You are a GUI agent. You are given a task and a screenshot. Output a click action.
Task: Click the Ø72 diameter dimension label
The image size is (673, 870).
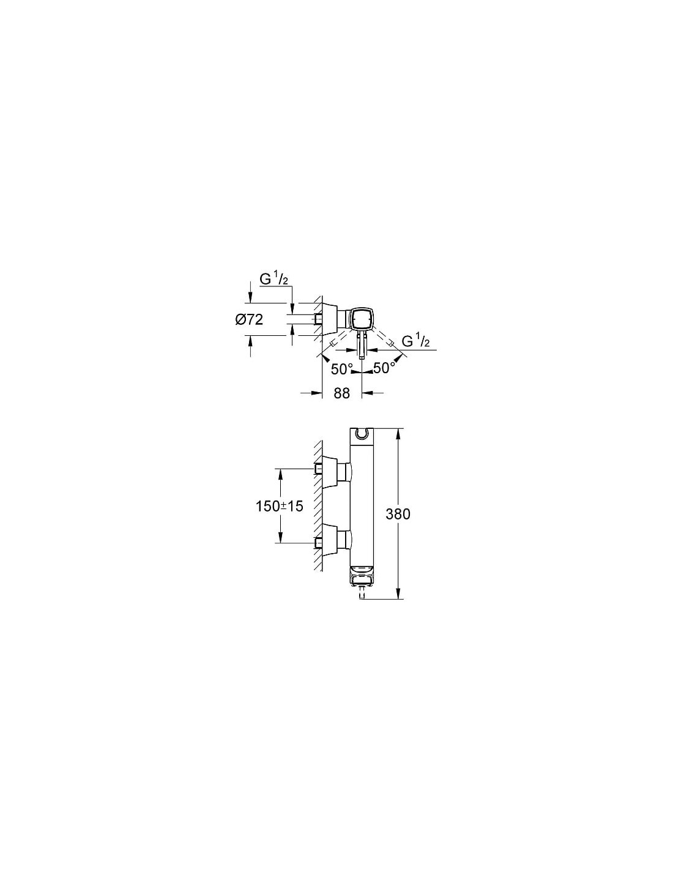tap(249, 319)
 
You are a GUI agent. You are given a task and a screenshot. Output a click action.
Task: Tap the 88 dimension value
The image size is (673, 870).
tap(341, 393)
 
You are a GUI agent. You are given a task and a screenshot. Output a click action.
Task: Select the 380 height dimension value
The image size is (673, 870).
tap(398, 514)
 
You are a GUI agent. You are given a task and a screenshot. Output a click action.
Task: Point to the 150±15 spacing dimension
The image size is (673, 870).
tap(280, 507)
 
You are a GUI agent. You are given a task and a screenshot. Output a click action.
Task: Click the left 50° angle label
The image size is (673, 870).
tap(342, 369)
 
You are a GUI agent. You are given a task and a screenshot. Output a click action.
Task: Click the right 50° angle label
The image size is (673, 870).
tap(384, 368)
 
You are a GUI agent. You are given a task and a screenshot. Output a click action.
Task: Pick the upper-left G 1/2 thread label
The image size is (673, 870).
tap(274, 280)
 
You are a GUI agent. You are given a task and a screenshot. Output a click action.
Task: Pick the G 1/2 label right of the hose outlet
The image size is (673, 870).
tap(416, 341)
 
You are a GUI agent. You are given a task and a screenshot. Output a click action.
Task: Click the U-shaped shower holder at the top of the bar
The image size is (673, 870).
tap(362, 434)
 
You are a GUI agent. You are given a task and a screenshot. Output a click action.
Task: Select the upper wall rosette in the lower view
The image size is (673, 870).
tap(330, 472)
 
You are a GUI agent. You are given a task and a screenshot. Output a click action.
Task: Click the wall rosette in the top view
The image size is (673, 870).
tap(330, 319)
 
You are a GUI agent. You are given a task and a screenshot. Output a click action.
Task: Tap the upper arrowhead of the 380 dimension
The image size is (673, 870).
tap(398, 434)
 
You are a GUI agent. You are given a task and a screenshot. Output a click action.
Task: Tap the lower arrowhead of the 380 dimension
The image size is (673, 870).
tap(398, 604)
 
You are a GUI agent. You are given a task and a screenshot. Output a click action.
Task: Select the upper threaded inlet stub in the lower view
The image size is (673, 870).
tap(319, 469)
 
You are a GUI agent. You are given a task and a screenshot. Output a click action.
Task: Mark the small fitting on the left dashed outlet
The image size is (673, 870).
tap(332, 344)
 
